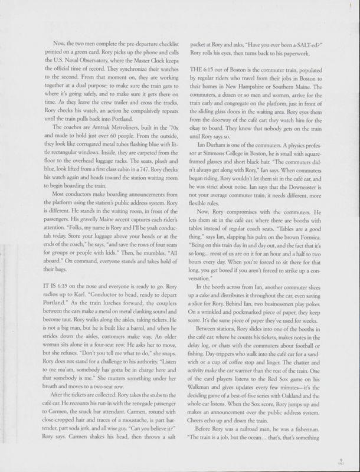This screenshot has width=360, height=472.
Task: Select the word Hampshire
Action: pos(248,85)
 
